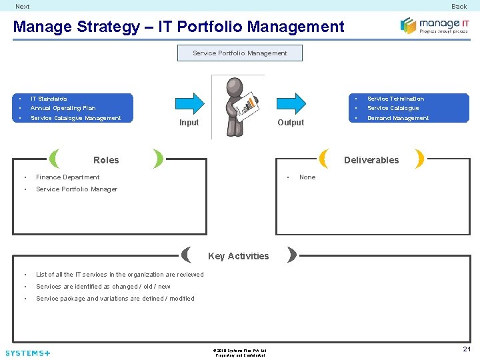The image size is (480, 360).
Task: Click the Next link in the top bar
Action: click(x=22, y=7)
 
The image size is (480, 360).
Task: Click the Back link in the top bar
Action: click(x=459, y=7)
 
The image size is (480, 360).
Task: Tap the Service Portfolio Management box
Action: click(x=239, y=53)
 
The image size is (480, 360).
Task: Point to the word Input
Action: click(x=189, y=123)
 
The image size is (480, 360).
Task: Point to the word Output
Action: click(x=291, y=123)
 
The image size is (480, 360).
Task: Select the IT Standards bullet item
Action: click(x=49, y=99)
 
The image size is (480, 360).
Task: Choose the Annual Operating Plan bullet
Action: click(x=63, y=108)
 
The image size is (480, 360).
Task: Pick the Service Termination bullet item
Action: click(x=395, y=99)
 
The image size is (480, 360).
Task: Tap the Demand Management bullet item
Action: click(x=398, y=118)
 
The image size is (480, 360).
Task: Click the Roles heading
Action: click(x=106, y=160)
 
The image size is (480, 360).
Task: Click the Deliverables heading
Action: click(x=371, y=160)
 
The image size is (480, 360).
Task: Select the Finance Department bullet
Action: click(x=67, y=177)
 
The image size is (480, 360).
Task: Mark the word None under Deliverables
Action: click(x=307, y=177)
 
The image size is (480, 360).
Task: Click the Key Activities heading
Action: click(x=239, y=256)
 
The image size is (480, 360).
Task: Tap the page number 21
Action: click(x=467, y=349)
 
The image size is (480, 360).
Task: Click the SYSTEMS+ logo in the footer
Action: click(x=27, y=353)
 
